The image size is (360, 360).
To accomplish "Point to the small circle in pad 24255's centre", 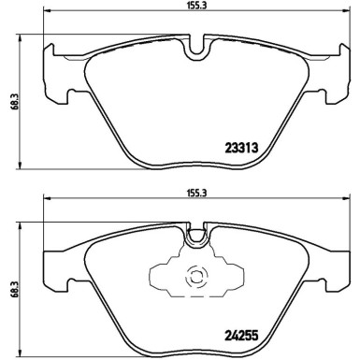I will click(196, 277).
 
